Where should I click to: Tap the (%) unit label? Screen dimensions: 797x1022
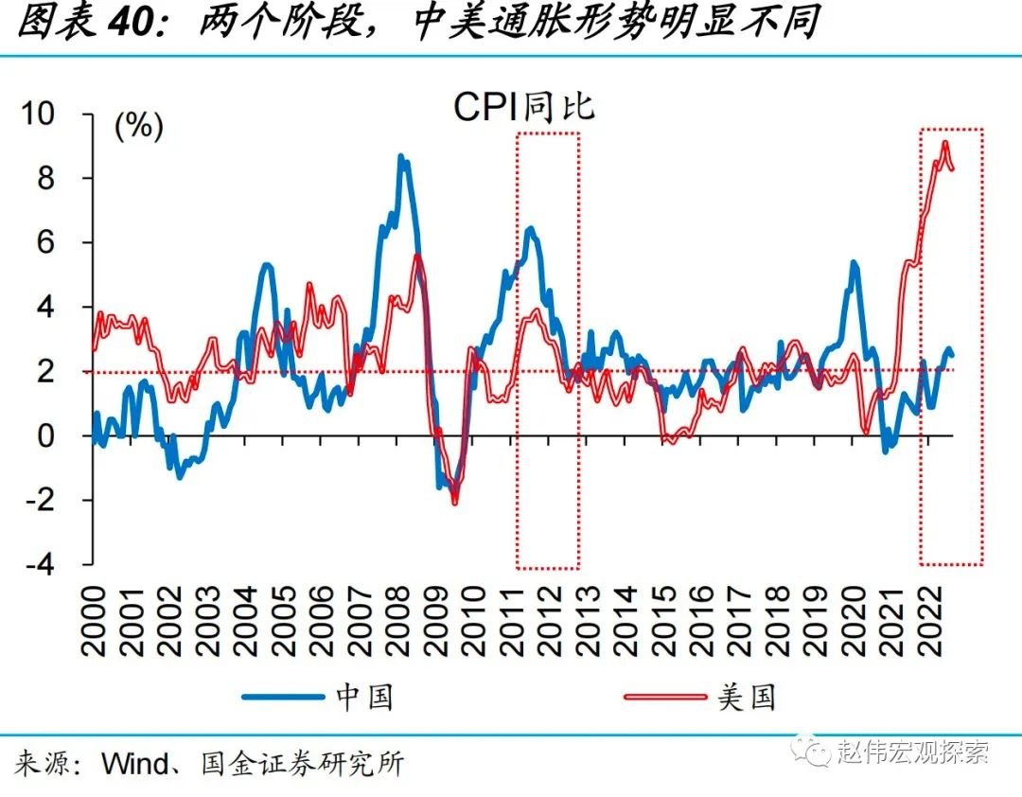(x=138, y=126)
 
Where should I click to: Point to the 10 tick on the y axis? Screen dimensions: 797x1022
(x=60, y=115)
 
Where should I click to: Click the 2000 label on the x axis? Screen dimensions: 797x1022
(x=95, y=616)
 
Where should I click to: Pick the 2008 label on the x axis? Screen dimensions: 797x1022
(x=396, y=616)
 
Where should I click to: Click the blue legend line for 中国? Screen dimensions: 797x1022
(x=283, y=698)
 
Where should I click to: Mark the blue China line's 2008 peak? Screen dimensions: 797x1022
(x=401, y=157)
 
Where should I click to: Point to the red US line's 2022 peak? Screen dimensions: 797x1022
(x=944, y=143)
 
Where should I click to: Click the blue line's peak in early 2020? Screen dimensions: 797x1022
(x=853, y=263)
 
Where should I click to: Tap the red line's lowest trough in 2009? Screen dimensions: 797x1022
(x=455, y=502)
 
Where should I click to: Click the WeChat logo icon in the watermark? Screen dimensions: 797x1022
(x=816, y=752)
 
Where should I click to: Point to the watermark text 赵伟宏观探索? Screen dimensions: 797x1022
(x=912, y=753)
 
